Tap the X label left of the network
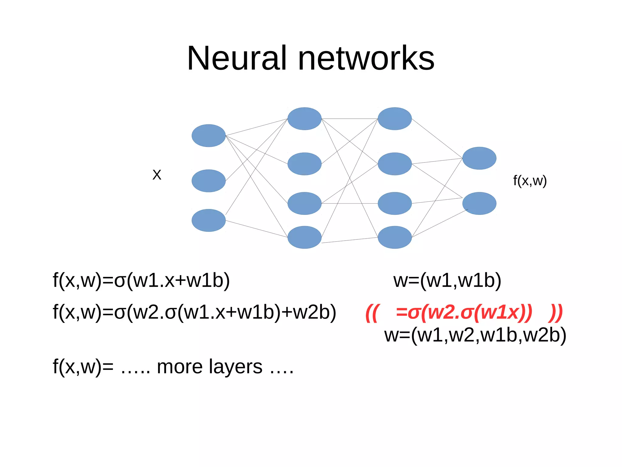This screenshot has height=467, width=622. (157, 175)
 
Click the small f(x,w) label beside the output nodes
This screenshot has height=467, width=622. (530, 181)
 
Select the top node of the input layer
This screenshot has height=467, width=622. (208, 136)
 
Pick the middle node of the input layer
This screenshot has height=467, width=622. (208, 181)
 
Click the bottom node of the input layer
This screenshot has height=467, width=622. (208, 220)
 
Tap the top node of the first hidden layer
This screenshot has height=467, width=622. (304, 119)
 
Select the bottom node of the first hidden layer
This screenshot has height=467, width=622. (304, 237)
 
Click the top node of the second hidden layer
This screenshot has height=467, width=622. (395, 119)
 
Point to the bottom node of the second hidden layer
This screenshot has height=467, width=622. (395, 237)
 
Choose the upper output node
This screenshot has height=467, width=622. (479, 158)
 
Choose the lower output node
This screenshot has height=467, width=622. (479, 203)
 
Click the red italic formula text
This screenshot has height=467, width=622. (464, 312)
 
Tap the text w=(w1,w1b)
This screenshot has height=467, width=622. (447, 281)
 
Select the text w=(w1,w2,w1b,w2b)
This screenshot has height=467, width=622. (475, 335)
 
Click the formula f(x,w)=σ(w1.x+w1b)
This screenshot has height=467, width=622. (141, 281)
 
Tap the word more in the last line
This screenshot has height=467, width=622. (179, 367)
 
